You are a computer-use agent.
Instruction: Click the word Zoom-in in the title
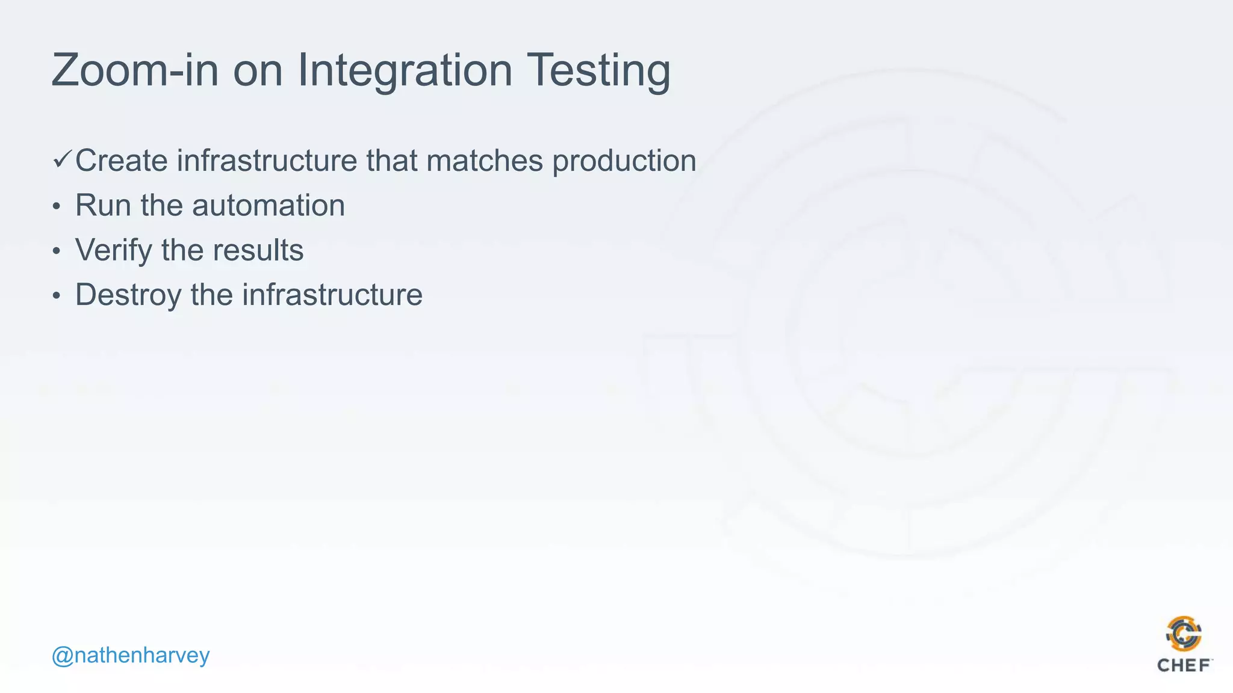(x=134, y=70)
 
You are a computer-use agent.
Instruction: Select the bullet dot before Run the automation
(x=56, y=206)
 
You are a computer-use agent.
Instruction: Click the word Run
(x=103, y=206)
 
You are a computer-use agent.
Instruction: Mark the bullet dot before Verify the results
(x=56, y=251)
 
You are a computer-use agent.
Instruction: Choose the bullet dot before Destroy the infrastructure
(x=56, y=295)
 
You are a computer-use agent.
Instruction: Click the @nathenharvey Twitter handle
(x=131, y=654)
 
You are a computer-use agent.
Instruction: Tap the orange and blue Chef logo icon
(x=1184, y=633)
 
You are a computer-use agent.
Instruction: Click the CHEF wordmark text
(x=1184, y=665)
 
